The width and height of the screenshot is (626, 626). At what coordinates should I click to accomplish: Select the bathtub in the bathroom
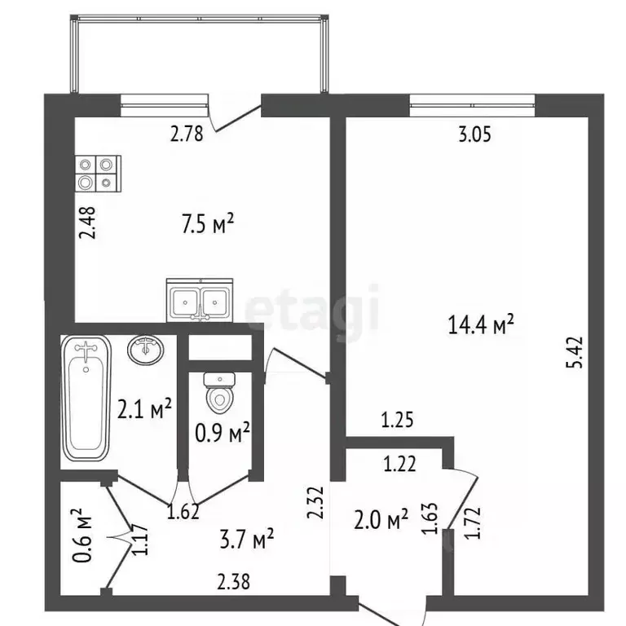86,399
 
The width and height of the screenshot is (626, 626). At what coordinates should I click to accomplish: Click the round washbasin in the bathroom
146,350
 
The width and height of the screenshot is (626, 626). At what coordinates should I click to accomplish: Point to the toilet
218,393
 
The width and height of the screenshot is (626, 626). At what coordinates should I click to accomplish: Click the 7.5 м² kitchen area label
207,222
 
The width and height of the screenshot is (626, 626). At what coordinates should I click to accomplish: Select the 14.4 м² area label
481,325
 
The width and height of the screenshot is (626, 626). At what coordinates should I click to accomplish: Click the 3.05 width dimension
474,136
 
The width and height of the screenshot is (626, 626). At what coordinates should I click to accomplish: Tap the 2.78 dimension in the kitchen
187,134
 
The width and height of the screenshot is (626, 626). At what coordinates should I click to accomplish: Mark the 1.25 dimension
399,421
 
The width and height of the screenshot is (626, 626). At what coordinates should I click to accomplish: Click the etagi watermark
314,310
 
